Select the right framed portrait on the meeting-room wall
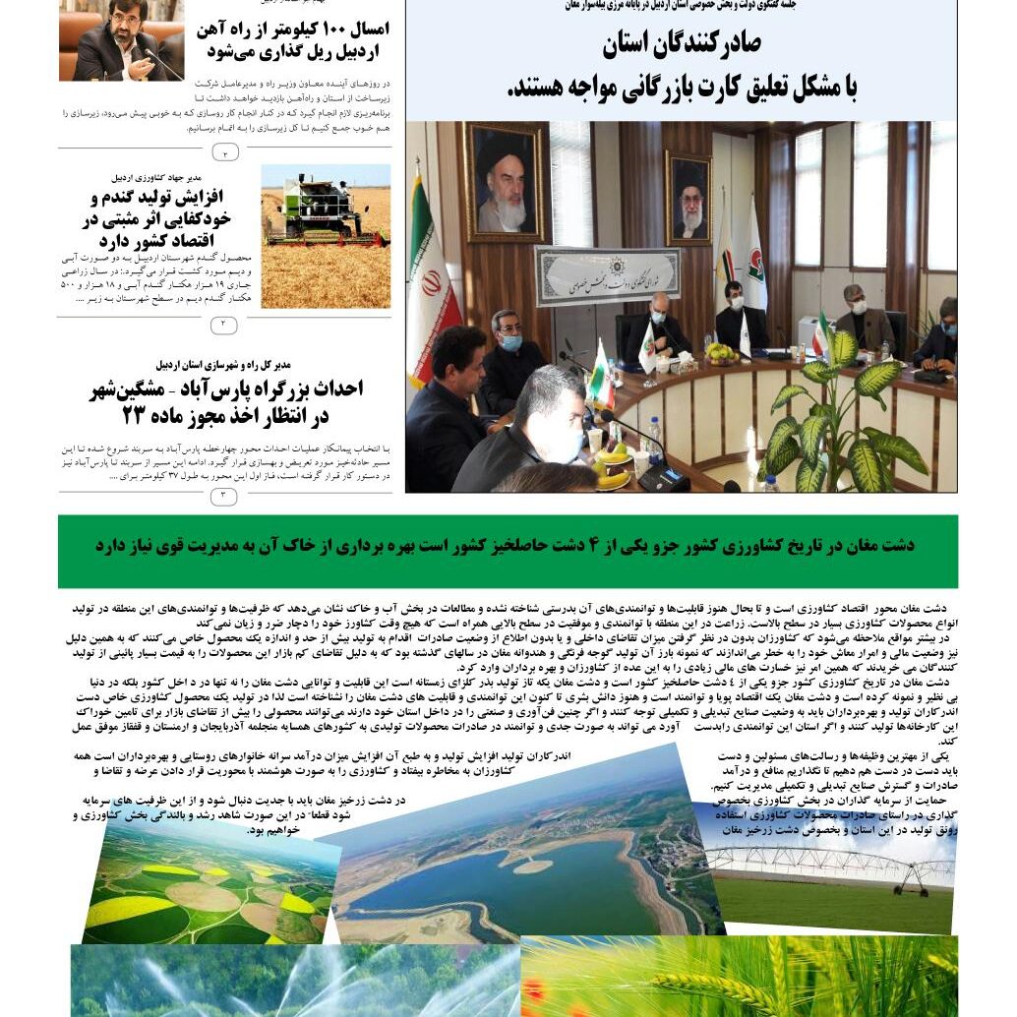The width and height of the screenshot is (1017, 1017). [688, 198]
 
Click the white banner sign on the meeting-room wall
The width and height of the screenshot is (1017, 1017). [607, 274]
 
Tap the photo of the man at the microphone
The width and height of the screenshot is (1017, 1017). [120, 41]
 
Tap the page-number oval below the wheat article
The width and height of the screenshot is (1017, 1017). [224, 325]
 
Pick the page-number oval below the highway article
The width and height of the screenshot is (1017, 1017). [224, 497]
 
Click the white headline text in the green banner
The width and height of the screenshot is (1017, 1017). [505, 546]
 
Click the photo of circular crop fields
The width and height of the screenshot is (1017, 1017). [207, 885]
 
